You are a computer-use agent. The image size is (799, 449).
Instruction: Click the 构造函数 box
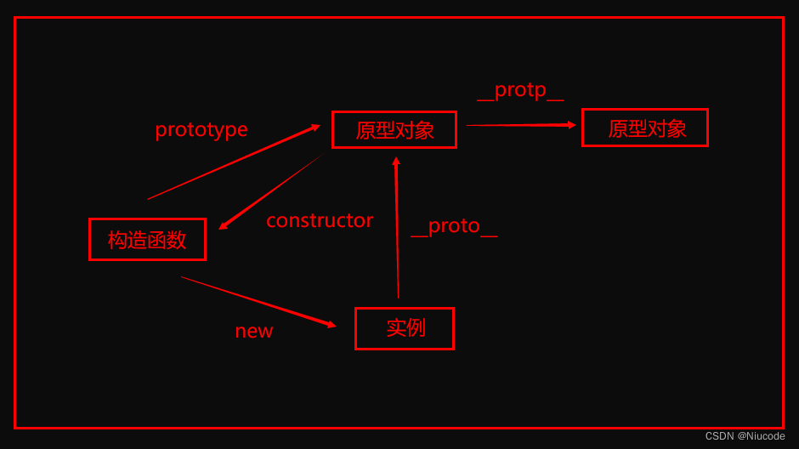click(x=147, y=240)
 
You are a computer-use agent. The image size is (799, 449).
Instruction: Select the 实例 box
click(x=405, y=328)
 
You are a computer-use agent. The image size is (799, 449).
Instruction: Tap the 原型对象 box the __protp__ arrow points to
click(x=644, y=128)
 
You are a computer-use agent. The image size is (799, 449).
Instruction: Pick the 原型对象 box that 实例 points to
click(x=394, y=130)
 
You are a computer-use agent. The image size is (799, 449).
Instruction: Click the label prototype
click(x=201, y=129)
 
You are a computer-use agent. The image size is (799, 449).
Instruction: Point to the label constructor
click(x=320, y=220)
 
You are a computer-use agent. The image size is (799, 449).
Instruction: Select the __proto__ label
click(x=454, y=226)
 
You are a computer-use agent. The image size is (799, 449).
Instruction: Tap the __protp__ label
click(x=520, y=90)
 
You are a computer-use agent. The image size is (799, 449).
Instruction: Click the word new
click(x=254, y=332)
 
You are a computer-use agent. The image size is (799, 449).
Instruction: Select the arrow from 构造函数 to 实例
click(x=255, y=300)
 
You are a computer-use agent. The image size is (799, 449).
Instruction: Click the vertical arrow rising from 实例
click(x=397, y=230)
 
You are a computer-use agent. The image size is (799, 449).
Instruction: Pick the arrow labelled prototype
click(x=232, y=162)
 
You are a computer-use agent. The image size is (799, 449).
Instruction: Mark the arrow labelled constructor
click(x=270, y=192)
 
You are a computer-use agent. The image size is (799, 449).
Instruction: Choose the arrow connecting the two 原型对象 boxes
click(x=518, y=125)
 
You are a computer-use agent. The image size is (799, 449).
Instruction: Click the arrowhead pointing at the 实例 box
click(x=331, y=324)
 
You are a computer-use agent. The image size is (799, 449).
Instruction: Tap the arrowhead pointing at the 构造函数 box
click(x=223, y=226)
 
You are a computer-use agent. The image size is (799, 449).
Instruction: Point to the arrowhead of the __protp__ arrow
click(x=572, y=125)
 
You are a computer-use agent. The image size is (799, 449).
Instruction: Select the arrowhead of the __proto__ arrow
click(x=396, y=161)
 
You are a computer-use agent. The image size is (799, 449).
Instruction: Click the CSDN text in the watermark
click(x=719, y=436)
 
